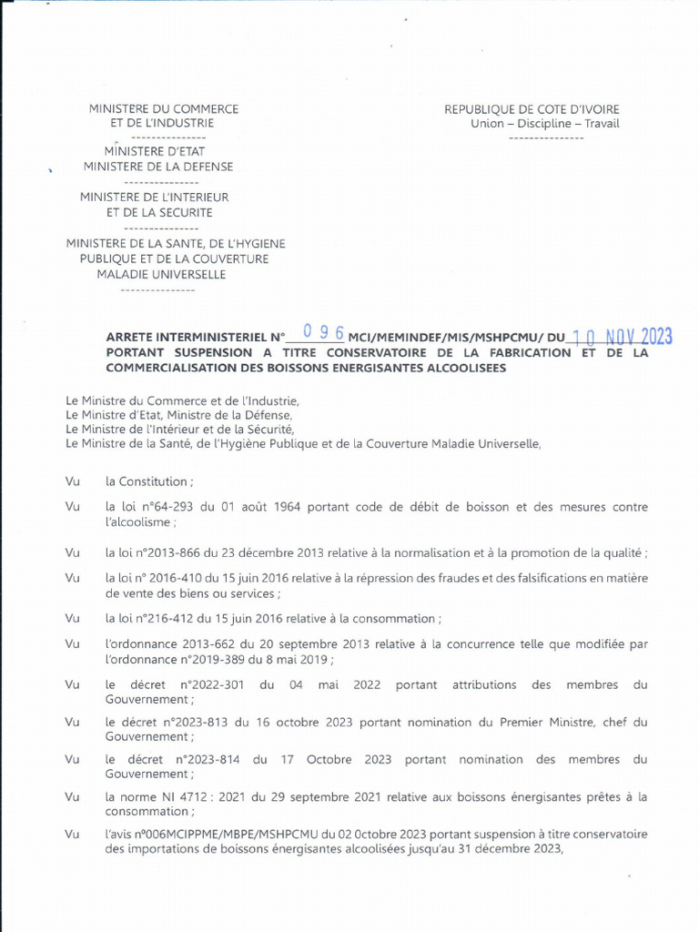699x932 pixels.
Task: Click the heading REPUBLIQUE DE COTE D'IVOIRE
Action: point(532,109)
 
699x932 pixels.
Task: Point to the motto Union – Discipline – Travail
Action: point(544,124)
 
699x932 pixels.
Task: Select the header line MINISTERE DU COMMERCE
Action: point(164,108)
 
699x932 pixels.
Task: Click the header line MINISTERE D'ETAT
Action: point(158,151)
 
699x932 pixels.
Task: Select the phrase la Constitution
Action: point(147,481)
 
